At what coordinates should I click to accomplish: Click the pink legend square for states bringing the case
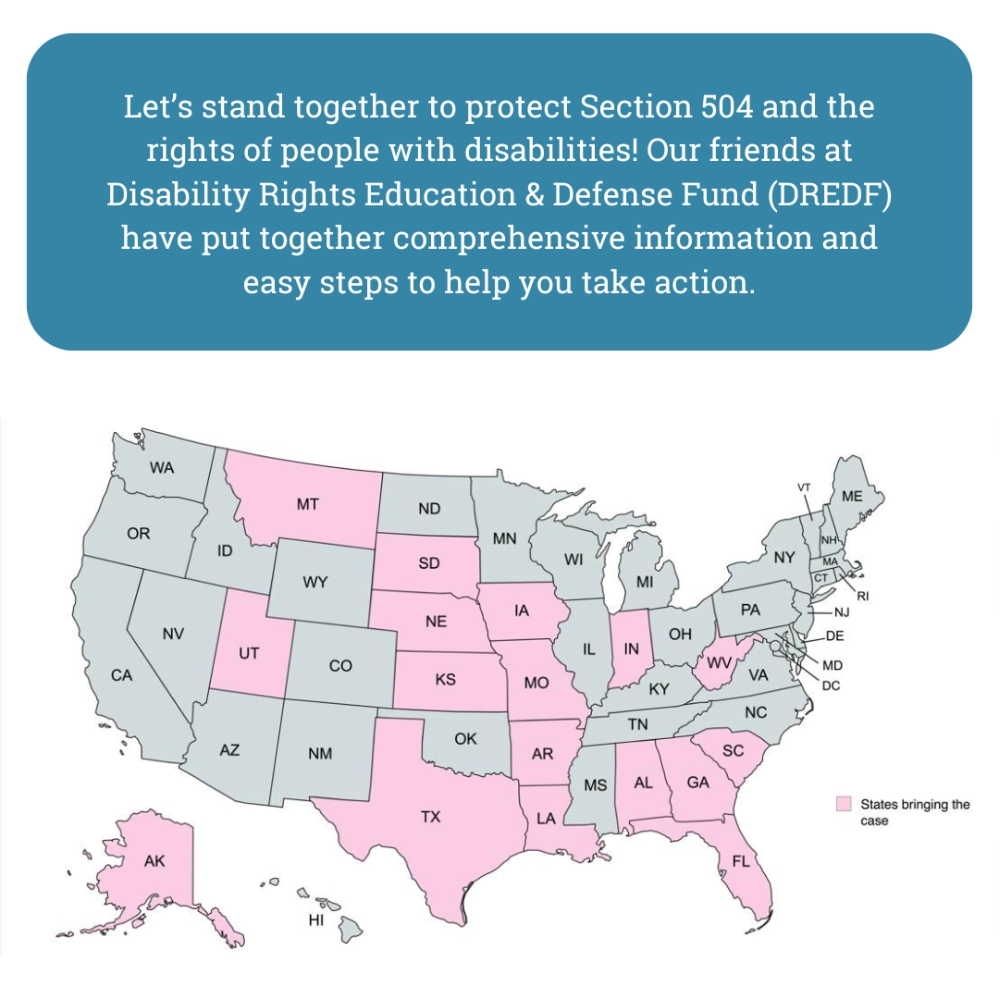(844, 804)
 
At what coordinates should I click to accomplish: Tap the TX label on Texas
(431, 817)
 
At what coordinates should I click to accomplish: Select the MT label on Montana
(307, 505)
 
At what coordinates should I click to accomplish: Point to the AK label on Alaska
(154, 861)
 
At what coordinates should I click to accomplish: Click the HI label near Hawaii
(316, 920)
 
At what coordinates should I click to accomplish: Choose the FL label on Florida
(741, 862)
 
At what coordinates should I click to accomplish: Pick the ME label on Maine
(852, 497)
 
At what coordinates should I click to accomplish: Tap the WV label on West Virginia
(720, 663)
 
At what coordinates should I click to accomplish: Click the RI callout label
(863, 597)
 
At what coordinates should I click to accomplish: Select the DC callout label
(831, 685)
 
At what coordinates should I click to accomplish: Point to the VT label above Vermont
(804, 487)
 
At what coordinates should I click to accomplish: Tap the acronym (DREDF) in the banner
(830, 194)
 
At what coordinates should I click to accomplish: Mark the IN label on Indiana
(631, 648)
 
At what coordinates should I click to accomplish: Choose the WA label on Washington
(162, 468)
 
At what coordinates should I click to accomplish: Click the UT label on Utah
(249, 653)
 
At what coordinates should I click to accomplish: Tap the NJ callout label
(842, 612)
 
